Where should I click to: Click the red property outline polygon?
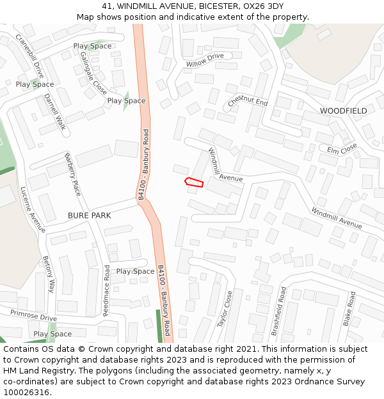pos(194,183)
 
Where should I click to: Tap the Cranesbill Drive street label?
pos(29,56)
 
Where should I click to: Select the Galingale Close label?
pos(93,73)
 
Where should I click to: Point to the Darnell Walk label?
pos(55,112)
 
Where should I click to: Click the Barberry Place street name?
pos(73,174)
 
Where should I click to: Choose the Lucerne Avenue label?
pos(33,209)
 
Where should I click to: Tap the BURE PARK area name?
pos(89,216)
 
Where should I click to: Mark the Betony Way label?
pos(49,273)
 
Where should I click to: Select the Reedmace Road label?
pos(107,290)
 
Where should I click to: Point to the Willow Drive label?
pos(205,61)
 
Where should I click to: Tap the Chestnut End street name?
pos(248,102)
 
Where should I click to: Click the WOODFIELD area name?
pos(344,111)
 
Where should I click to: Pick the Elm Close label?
pos(342,150)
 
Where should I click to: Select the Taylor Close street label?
pos(225,309)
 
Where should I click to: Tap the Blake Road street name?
pos(350,309)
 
